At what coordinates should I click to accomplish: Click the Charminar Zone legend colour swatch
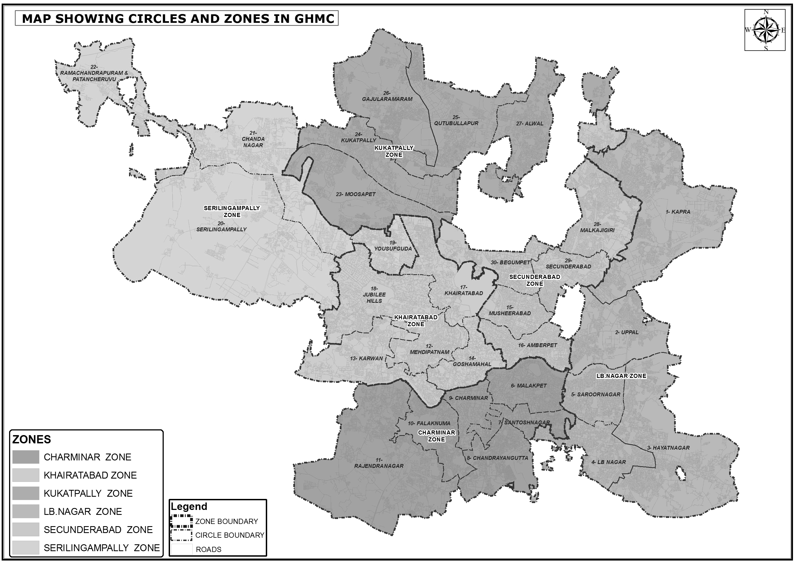tap(26, 457)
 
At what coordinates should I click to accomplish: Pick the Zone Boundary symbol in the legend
tap(181, 521)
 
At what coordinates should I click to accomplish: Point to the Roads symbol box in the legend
tap(181, 549)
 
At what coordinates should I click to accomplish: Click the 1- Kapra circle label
tap(678, 212)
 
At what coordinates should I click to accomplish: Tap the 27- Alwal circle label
tap(530, 123)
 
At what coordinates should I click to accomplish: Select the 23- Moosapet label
tap(355, 194)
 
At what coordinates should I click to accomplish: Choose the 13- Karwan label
tap(366, 358)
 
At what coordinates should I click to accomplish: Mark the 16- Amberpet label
tap(537, 345)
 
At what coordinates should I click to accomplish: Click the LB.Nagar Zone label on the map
tap(621, 376)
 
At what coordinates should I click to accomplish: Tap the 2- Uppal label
tap(627, 332)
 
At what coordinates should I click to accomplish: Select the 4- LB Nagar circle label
tap(604, 462)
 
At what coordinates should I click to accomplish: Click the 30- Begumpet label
tap(510, 262)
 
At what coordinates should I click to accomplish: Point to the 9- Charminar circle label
tap(468, 398)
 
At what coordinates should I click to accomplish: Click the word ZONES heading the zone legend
tap(32, 439)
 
